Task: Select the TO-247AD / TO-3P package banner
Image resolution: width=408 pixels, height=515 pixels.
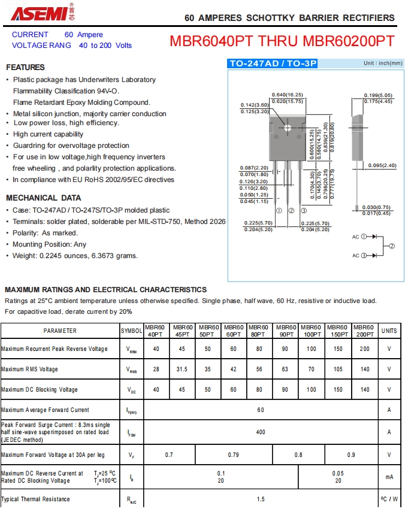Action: (x=273, y=63)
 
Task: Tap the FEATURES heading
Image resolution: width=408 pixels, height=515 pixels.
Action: (x=25, y=67)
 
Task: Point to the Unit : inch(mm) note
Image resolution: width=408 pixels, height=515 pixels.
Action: (x=383, y=63)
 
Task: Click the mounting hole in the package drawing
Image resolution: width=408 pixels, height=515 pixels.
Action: (x=288, y=128)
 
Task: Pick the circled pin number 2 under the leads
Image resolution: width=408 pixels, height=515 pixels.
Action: (x=291, y=211)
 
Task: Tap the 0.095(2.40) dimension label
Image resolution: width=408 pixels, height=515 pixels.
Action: (x=382, y=165)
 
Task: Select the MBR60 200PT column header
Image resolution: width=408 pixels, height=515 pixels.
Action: (x=364, y=331)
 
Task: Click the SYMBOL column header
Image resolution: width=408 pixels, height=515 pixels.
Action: (x=132, y=331)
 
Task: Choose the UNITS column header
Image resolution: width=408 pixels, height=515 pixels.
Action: (x=389, y=331)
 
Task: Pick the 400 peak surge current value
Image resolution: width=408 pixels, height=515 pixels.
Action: (x=261, y=432)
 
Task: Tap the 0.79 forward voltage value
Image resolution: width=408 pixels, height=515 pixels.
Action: (x=234, y=455)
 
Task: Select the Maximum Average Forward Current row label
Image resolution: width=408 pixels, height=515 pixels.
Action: (x=46, y=410)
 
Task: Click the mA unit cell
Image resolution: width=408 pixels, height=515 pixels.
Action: (x=389, y=477)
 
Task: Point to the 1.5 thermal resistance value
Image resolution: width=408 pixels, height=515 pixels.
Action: (x=261, y=499)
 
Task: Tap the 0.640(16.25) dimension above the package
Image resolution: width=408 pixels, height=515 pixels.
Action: (x=288, y=95)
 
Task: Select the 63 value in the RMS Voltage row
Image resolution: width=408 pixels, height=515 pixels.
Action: (x=285, y=369)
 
